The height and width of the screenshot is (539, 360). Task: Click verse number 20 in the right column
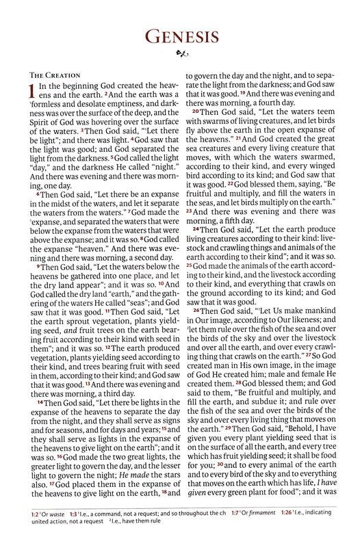click(195, 112)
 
